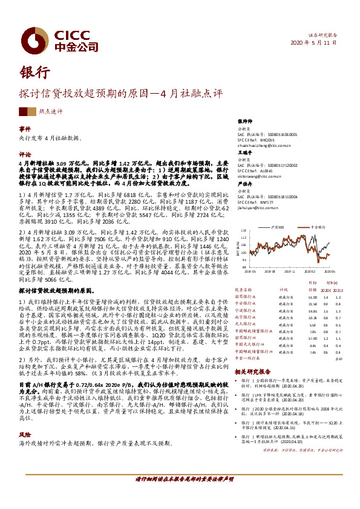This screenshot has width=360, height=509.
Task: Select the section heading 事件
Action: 24,129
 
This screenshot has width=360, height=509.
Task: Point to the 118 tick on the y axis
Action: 243,230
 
